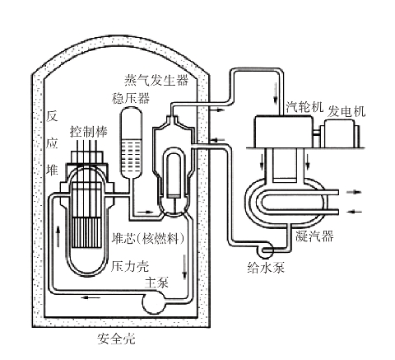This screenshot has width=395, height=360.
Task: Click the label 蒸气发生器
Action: tap(156, 80)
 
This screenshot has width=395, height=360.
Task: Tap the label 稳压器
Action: tap(131, 98)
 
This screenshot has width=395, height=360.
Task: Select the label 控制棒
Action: tap(89, 132)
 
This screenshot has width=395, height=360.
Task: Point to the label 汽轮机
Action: tap(304, 106)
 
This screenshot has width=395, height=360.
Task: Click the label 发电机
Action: tap(346, 111)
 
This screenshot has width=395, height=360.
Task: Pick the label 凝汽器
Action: tap(314, 236)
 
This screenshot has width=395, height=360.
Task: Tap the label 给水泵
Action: tap(266, 267)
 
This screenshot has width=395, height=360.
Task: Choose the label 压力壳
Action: tap(130, 266)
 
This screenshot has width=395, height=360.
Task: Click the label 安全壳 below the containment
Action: tap(116, 339)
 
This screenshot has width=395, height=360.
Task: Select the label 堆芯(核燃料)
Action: tap(148, 238)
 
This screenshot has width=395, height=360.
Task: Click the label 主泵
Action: tap(156, 283)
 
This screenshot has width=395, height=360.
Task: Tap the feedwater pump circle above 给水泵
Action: tap(265, 250)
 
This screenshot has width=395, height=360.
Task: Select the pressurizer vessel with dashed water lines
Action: tap(131, 143)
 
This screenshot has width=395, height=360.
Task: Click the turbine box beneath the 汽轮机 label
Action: tap(283, 132)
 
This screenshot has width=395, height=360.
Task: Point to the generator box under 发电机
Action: tap(340, 133)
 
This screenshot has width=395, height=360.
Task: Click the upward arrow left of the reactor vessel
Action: tap(58, 236)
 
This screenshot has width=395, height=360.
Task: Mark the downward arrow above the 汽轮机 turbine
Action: tap(276, 93)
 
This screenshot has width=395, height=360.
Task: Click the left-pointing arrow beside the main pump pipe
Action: tap(91, 297)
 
